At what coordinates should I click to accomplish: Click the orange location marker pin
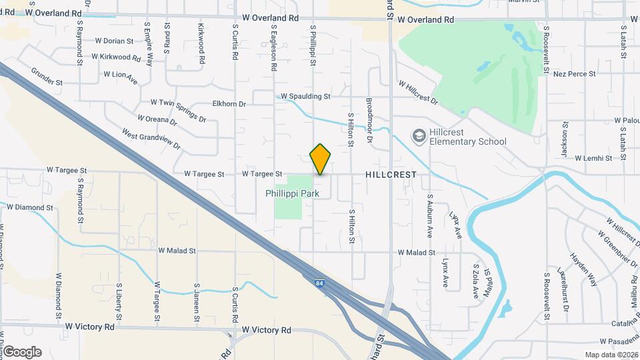coord(321,159)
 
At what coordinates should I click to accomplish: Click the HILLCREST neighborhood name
coord(391,175)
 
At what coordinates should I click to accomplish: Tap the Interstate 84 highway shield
coord(320,282)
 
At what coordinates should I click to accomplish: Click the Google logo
coord(22,352)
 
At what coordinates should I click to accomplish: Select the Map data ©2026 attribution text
coord(611,355)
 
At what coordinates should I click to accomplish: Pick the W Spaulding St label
coord(305,97)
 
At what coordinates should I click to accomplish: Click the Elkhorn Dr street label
coord(229,104)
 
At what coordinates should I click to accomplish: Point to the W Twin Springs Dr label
coord(178,111)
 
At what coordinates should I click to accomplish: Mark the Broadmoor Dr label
coord(369,115)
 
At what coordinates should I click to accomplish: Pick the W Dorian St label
coord(114,41)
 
